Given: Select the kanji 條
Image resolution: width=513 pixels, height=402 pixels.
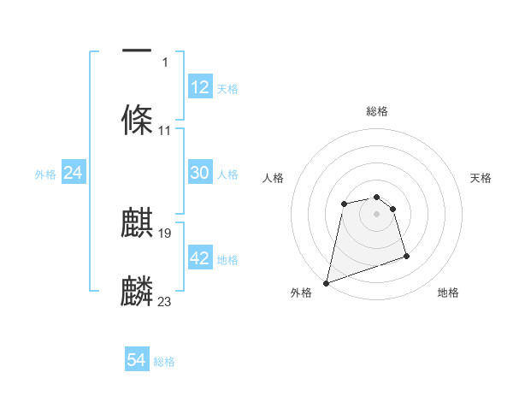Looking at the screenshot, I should point(137,119).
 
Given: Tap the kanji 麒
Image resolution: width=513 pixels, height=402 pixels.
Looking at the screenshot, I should point(137,222).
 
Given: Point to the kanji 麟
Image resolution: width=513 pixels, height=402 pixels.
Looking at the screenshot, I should point(137,291).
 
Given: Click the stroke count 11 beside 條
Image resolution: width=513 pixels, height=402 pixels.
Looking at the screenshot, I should point(165,131).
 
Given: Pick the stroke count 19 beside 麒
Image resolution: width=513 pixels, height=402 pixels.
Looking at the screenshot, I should point(166,233).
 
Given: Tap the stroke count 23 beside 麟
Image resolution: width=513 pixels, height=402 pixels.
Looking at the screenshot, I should point(165,301).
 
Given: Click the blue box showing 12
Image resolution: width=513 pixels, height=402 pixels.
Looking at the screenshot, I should point(200,87).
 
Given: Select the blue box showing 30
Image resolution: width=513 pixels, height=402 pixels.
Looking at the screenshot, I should point(200,173).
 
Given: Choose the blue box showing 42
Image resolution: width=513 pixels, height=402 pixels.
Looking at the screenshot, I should point(200,258).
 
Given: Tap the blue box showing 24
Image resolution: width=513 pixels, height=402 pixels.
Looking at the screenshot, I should point(74,173).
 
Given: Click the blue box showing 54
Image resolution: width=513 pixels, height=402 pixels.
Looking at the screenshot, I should point(137,360).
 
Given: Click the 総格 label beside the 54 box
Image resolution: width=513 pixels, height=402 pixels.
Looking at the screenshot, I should point(164,362).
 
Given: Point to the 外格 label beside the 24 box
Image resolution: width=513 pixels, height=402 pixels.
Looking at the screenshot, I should point(45,174).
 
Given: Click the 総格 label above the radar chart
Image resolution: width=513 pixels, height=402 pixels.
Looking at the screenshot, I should point(376,111).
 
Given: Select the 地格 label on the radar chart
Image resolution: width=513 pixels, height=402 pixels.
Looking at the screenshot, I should point(448,293).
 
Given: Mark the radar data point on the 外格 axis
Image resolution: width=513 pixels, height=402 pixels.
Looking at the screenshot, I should point(326,282).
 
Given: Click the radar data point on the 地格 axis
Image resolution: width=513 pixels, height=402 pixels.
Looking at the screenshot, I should point(406,256).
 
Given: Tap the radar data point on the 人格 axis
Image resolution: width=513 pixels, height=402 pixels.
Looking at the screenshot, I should point(344,204).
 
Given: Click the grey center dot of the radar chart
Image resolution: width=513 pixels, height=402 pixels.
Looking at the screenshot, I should point(376,214).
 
